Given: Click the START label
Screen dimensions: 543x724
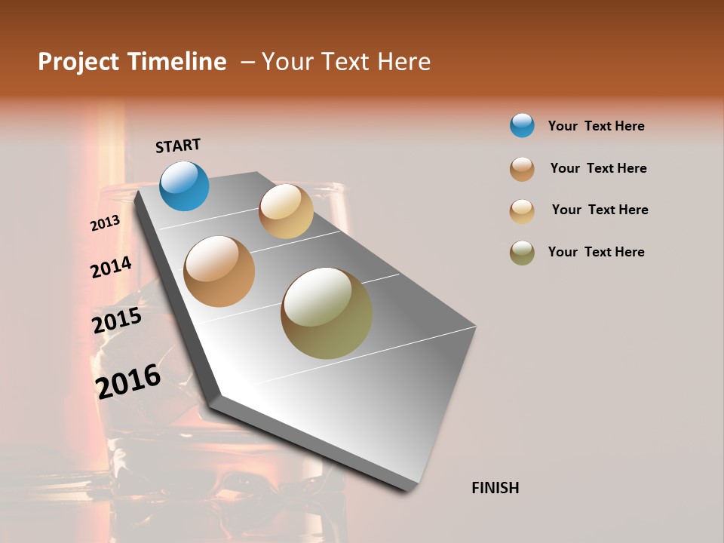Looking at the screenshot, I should pos(178,146).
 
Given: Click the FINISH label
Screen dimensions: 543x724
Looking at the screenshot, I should pos(495,488).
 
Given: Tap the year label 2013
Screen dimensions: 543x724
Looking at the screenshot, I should pos(105,223).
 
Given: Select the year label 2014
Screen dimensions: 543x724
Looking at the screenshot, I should pos(111,268).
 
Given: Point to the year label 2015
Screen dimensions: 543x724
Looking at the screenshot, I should pos(117,321).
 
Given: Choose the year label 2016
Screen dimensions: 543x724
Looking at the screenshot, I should pos(128,381).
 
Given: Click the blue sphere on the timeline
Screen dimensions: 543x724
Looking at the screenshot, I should pos(185,186).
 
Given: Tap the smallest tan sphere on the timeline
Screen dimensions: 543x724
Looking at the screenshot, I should pos(286,211).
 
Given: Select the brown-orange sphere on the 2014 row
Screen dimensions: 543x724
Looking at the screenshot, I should pos(219,271).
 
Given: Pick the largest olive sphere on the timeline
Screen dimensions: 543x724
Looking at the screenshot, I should pos(327,313).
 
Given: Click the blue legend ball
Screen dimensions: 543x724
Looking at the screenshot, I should pos(522,125).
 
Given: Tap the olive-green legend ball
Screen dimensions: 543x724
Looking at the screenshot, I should pos(522,253).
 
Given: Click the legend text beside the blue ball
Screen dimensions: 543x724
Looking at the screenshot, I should pos(596,126).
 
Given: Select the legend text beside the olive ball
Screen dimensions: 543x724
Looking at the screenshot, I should pos(596,252).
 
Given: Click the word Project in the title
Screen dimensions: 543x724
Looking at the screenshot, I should pos(78,62).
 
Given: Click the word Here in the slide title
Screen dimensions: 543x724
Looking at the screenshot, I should pos(403,62).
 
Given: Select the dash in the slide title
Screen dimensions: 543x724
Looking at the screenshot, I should pos(247,62).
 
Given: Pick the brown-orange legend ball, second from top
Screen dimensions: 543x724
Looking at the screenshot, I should pos(522,169).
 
